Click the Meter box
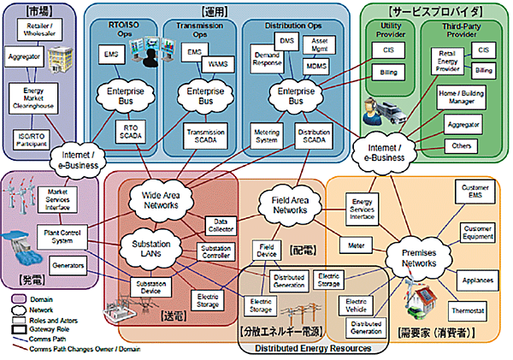click(357, 246)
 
